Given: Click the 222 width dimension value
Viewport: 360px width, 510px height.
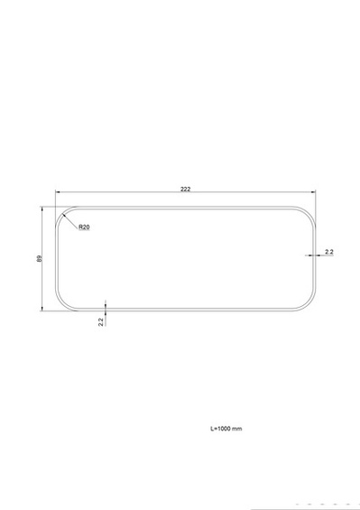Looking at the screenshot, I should (185, 189).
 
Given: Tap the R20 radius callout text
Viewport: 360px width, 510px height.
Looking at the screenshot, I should (83, 227).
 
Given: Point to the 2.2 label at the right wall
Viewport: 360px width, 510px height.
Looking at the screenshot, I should (328, 251).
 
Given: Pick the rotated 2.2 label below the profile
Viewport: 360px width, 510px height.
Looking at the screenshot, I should (101, 321).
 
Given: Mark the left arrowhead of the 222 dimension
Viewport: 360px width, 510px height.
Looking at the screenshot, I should (60, 193).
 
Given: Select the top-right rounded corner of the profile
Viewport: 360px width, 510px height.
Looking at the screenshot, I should (308, 213).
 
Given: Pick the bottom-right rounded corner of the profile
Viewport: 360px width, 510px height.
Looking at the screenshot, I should (308, 305).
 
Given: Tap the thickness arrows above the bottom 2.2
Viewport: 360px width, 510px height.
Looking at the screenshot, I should (106, 308).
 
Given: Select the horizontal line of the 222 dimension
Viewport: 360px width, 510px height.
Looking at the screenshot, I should (135, 193).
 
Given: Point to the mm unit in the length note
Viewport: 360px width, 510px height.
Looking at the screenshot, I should (237, 428).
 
